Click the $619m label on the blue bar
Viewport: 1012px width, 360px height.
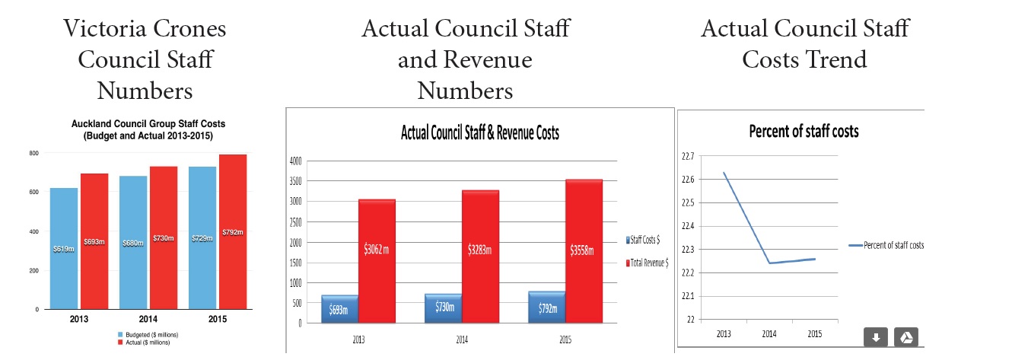[x=64, y=248]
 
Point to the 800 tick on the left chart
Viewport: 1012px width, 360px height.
[x=33, y=153]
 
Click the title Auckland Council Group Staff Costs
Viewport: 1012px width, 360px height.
[x=148, y=123]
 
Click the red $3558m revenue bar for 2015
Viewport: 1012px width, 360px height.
[x=584, y=250]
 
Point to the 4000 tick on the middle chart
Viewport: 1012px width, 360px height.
[x=295, y=161]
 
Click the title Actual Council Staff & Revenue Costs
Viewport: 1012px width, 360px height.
[x=479, y=133]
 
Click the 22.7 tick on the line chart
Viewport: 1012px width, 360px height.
[x=688, y=156]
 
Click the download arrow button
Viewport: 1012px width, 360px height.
[x=875, y=338]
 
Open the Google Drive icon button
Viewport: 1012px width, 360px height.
[x=905, y=338]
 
